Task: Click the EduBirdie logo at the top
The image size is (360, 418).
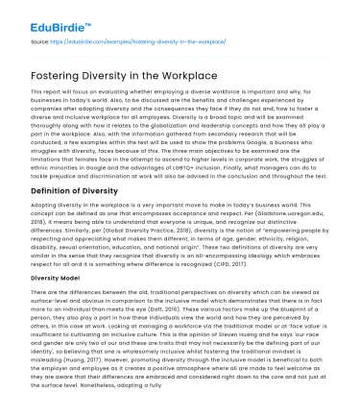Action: point(45,13)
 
